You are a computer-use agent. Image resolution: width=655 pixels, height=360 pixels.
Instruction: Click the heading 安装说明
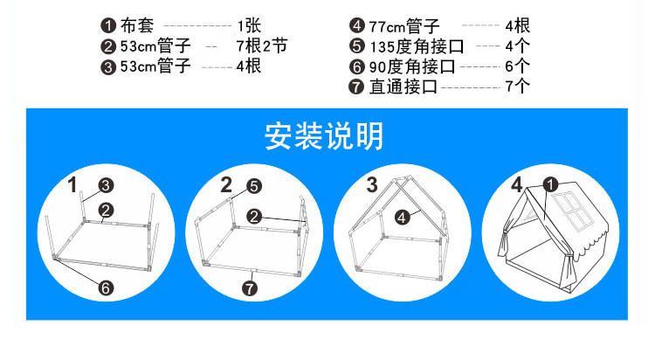click(x=324, y=136)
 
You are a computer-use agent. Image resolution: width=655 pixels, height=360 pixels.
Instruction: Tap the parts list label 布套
click(x=137, y=25)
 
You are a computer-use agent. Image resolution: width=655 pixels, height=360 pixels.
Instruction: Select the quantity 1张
click(x=250, y=26)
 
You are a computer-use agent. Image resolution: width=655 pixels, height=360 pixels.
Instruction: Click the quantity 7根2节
click(x=262, y=45)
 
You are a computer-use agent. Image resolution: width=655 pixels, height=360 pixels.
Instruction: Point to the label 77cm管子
click(x=404, y=26)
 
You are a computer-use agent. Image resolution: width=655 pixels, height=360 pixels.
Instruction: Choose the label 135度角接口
click(x=417, y=46)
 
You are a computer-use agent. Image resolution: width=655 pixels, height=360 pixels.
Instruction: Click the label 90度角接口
click(x=412, y=66)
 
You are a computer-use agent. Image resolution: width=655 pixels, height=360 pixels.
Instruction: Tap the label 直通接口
click(x=403, y=87)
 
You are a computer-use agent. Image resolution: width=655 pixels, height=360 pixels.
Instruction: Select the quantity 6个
click(x=517, y=66)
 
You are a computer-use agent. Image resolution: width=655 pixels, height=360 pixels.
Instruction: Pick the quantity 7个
click(x=517, y=87)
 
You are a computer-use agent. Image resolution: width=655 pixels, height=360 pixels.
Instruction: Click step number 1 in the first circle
click(x=72, y=185)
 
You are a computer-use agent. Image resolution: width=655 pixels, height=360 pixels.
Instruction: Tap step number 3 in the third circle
click(x=372, y=184)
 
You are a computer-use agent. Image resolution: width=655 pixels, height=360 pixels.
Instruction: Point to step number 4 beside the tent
click(x=517, y=184)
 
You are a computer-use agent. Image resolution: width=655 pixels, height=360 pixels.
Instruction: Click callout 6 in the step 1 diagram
click(x=106, y=287)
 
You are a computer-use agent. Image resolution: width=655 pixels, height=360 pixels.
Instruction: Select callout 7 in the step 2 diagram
click(x=250, y=288)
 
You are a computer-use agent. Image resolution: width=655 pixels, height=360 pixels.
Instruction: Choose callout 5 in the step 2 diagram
click(x=254, y=186)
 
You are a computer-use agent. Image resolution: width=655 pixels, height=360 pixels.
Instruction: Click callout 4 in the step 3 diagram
click(x=402, y=218)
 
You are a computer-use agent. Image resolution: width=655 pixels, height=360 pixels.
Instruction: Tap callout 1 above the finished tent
click(x=550, y=184)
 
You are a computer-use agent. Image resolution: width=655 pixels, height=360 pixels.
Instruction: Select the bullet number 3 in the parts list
click(x=108, y=67)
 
